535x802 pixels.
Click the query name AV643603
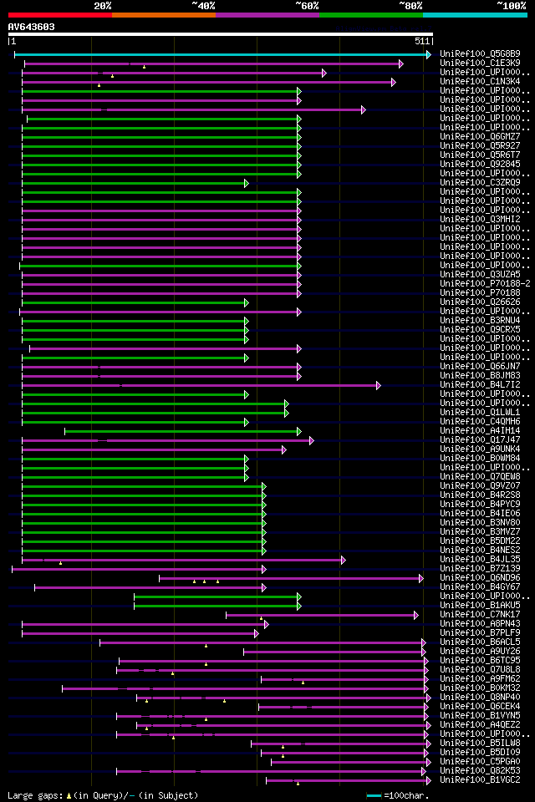pyautogui.click(x=32, y=27)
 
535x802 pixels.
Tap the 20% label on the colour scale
pyautogui.click(x=103, y=5)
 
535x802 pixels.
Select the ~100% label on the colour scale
pyautogui.click(x=511, y=5)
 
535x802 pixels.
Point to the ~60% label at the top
pyautogui.click(x=307, y=5)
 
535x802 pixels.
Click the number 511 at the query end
pyautogui.click(x=421, y=41)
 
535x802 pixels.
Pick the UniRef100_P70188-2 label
pyautogui.click(x=485, y=284)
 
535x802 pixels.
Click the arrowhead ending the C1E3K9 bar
pyautogui.click(x=401, y=63)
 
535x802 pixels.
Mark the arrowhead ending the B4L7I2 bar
pyautogui.click(x=379, y=385)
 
